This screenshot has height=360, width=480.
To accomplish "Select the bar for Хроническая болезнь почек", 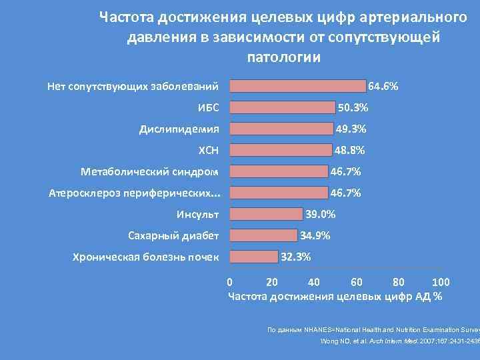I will click(x=253, y=257).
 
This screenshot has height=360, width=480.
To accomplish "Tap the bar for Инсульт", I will click(x=265, y=214).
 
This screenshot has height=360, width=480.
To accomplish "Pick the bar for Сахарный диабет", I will click(x=263, y=235).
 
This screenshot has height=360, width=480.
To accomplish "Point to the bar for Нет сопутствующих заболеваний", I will click(x=297, y=86).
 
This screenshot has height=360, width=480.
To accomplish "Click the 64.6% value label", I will click(x=383, y=87).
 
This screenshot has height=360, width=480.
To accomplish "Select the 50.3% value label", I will click(x=353, y=108).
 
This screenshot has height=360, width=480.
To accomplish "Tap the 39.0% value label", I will click(x=320, y=214).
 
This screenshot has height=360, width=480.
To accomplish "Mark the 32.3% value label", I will click(x=296, y=257).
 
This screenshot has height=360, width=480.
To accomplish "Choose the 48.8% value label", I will click(x=349, y=151).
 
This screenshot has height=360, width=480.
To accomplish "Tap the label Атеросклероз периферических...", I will click(x=135, y=193).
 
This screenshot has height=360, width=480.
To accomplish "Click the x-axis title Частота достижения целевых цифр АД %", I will click(x=335, y=297).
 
